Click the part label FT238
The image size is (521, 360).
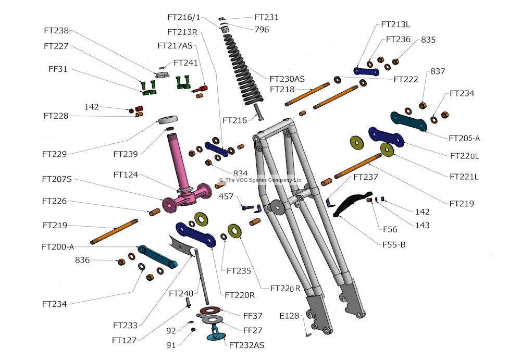tap(56, 31)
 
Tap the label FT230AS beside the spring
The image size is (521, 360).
tap(287, 79)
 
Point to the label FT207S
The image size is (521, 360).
tap(57, 180)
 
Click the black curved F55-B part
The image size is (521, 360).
tap(352, 203)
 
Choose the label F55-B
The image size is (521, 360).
tap(394, 245)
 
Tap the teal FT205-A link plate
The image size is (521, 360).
tap(408, 122)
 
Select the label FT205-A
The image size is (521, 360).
tap(464, 138)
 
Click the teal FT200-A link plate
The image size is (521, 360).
tap(157, 256)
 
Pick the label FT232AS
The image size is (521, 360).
tap(246, 345)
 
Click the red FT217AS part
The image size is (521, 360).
tap(201, 89)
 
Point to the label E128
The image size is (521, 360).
tap(289, 316)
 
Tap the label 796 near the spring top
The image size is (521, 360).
tap(262, 30)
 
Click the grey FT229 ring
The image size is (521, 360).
tap(167, 120)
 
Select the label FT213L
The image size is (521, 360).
tap(395, 24)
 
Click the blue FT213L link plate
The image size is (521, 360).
tap(366, 71)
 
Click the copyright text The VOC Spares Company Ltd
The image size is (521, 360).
tap(263, 180)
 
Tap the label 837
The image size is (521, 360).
tap(438, 71)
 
